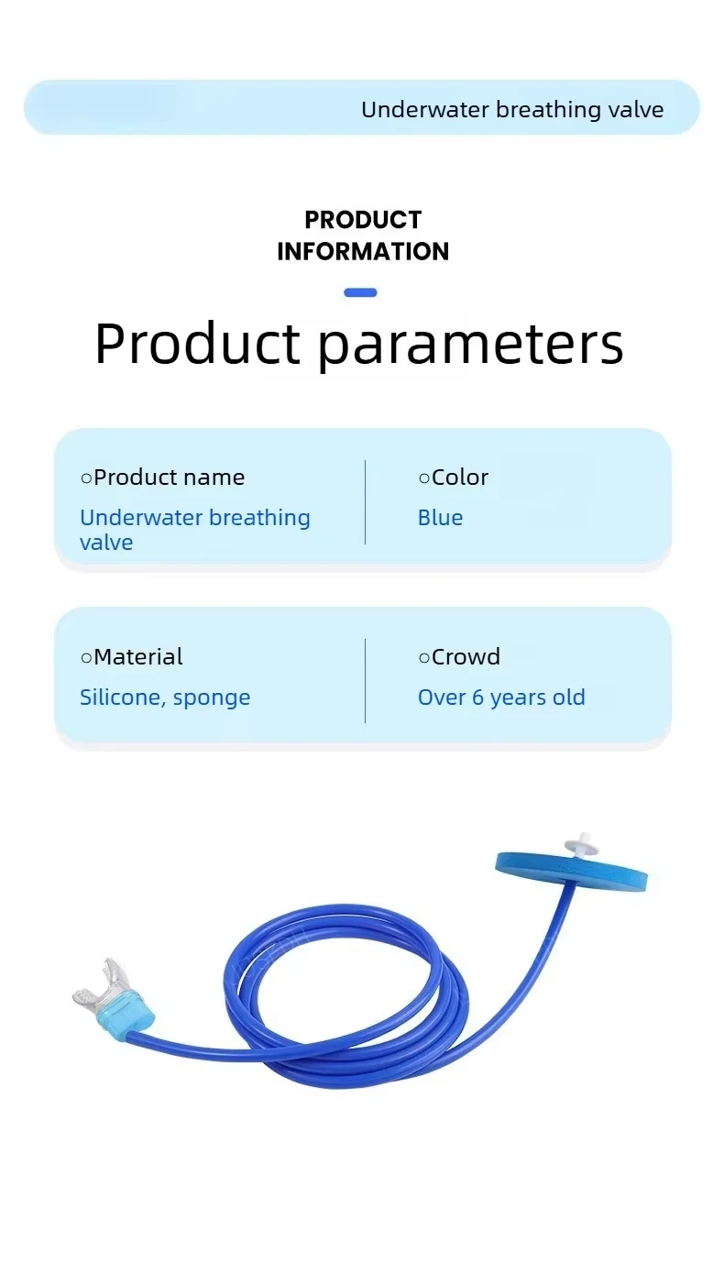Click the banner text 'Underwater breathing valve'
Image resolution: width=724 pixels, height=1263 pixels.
tap(512, 109)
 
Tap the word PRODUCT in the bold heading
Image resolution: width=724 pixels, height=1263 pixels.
tap(363, 220)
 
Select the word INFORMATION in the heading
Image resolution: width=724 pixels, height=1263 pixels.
tap(363, 251)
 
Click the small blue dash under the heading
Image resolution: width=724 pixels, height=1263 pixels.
tap(360, 292)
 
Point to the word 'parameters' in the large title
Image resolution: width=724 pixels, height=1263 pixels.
tap(471, 345)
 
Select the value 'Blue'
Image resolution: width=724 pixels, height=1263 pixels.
tap(441, 518)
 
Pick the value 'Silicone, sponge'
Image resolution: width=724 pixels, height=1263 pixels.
tap(165, 698)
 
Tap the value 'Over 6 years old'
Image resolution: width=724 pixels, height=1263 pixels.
tap(501, 697)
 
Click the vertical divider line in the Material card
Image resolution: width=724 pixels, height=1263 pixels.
tap(366, 681)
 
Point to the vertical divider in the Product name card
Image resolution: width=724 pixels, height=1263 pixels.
tap(366, 502)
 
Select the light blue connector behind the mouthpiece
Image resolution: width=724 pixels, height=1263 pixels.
tap(129, 1012)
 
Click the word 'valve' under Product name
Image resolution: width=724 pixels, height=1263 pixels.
tap(106, 543)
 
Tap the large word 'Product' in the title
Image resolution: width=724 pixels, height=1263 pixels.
tap(197, 343)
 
